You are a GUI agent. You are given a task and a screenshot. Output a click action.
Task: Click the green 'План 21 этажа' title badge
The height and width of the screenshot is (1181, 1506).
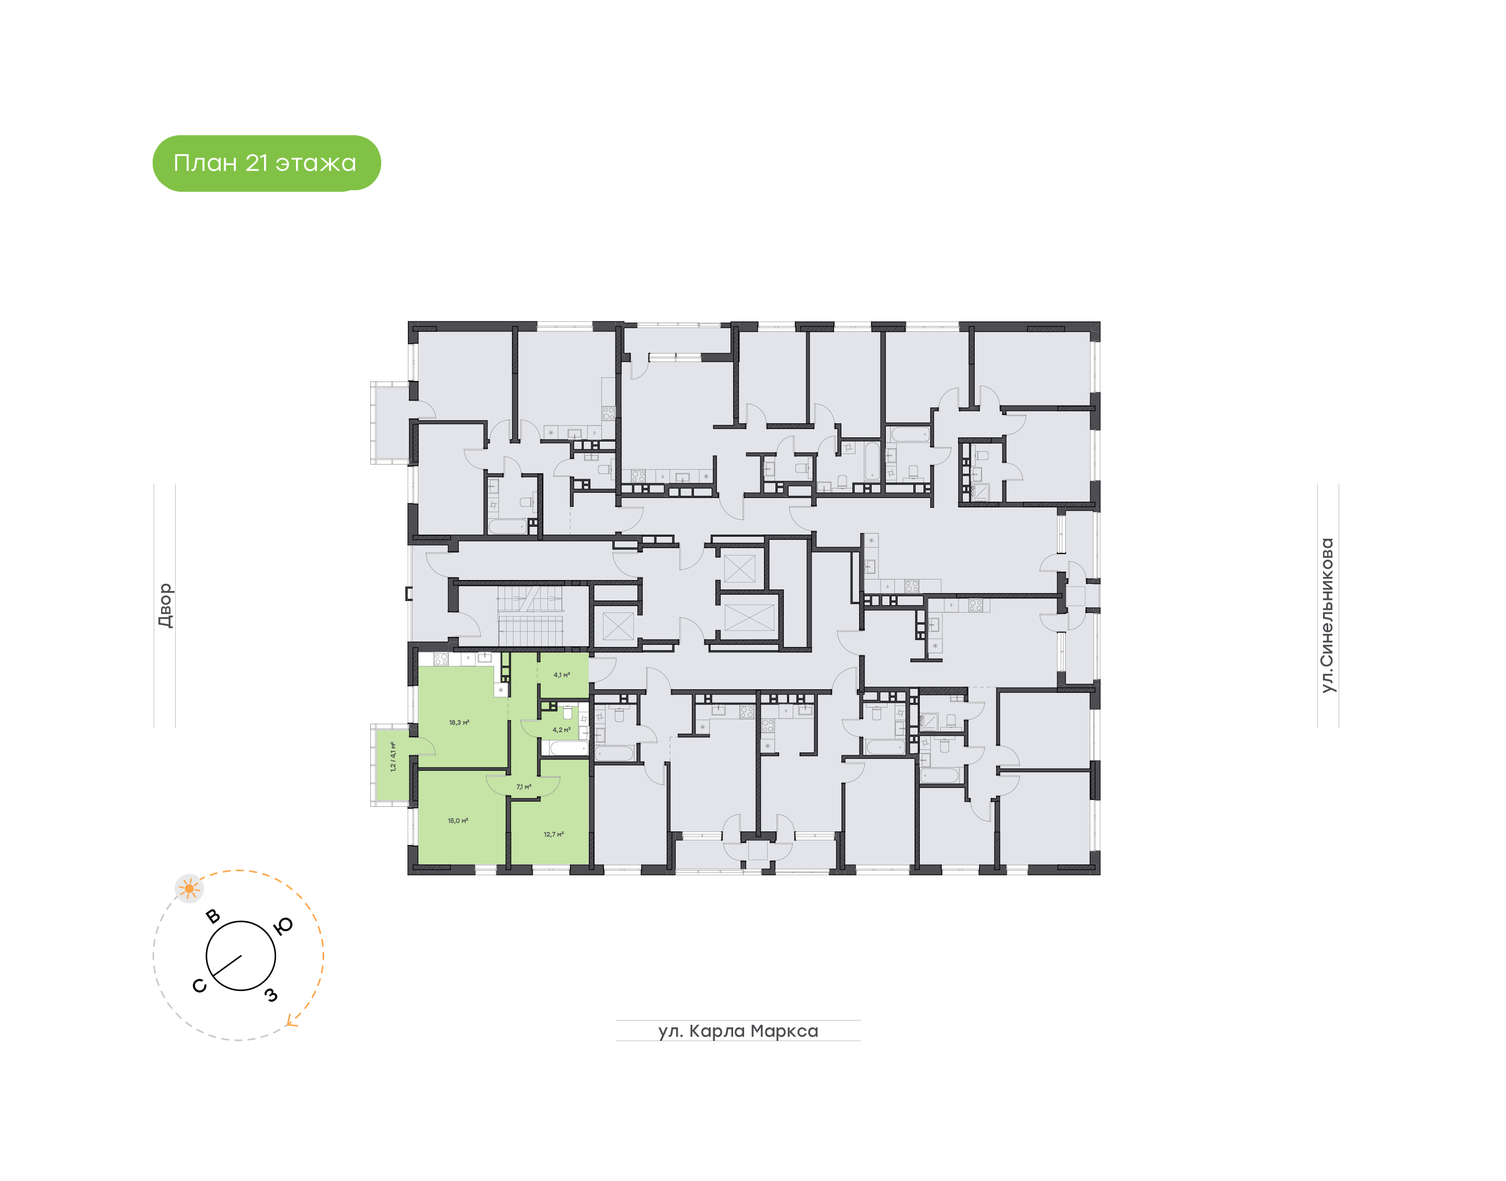pyautogui.click(x=266, y=163)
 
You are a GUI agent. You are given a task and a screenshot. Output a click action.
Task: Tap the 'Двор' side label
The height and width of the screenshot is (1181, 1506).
pyautogui.click(x=165, y=605)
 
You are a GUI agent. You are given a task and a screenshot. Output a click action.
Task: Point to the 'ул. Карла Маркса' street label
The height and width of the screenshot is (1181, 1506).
pyautogui.click(x=738, y=1031)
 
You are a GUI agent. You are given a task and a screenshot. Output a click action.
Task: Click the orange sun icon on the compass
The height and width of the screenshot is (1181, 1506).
pyautogui.click(x=189, y=888)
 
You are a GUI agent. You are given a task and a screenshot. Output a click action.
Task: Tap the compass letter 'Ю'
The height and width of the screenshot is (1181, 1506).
pyautogui.click(x=283, y=926)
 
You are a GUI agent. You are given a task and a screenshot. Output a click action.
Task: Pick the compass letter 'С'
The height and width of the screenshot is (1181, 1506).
pyautogui.click(x=199, y=986)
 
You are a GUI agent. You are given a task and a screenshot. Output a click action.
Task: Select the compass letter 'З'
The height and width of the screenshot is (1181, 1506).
pyautogui.click(x=271, y=995)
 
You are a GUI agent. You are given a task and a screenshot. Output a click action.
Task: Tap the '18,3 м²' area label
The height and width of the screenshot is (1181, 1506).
pyautogui.click(x=459, y=723)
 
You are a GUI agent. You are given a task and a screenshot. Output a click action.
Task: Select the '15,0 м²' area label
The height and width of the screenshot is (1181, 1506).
pyautogui.click(x=458, y=821)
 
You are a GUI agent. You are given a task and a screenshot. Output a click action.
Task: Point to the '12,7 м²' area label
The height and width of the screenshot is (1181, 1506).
pyautogui.click(x=553, y=835)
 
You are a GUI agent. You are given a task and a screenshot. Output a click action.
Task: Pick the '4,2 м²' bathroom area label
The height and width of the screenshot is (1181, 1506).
pyautogui.click(x=561, y=730)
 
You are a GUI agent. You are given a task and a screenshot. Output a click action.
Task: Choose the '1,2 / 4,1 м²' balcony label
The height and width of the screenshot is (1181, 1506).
pyautogui.click(x=393, y=757)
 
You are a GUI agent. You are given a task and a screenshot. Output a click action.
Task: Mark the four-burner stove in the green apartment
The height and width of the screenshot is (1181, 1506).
pyautogui.click(x=441, y=659)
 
